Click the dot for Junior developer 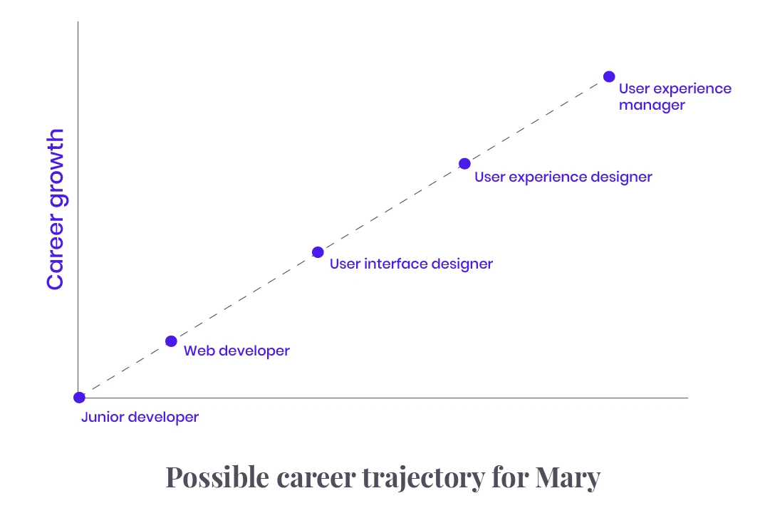(79, 398)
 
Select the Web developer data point (171, 341)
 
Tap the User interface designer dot (318, 252)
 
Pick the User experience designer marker (464, 163)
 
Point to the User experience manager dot (609, 77)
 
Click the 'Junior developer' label (140, 418)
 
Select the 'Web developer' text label (236, 351)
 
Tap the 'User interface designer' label (411, 264)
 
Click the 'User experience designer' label (563, 177)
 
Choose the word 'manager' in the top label (652, 105)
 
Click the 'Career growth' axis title (56, 209)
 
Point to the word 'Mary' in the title (568, 477)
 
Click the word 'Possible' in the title (217, 477)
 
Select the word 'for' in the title (510, 477)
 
